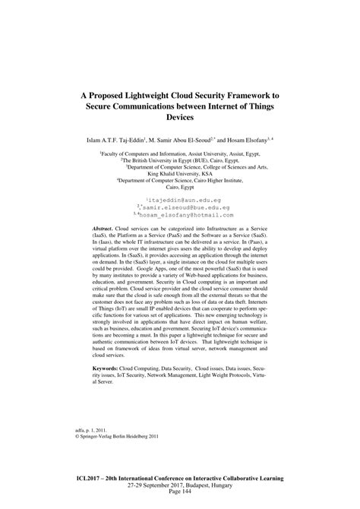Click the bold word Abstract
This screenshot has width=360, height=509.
[x=106, y=228]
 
